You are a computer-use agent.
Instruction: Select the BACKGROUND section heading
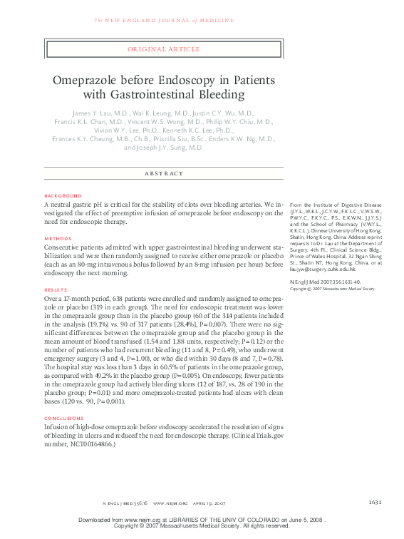tap(63, 195)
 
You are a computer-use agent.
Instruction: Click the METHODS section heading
tap(58, 238)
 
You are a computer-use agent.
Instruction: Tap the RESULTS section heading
tap(56, 290)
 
